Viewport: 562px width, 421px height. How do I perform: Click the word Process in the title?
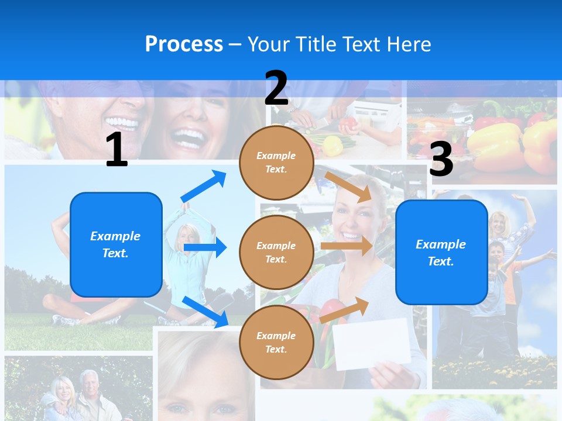(x=184, y=44)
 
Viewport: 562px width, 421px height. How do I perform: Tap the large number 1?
(x=116, y=150)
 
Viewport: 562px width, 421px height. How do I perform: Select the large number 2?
(x=276, y=88)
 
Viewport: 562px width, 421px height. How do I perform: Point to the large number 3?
(x=441, y=160)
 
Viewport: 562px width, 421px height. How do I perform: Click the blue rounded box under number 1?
(x=116, y=244)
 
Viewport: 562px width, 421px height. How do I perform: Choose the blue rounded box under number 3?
(x=441, y=253)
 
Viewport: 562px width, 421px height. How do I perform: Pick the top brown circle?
(x=276, y=163)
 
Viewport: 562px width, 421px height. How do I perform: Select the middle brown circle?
(x=276, y=252)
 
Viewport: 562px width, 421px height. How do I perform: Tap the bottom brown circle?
(x=276, y=342)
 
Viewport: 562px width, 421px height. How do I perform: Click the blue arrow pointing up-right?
(x=204, y=186)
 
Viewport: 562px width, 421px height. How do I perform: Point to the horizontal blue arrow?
(x=205, y=247)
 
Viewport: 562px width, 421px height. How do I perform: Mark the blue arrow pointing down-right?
(x=205, y=312)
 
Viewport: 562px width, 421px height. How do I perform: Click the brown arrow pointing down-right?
(x=348, y=187)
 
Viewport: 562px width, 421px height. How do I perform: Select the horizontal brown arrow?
(x=346, y=246)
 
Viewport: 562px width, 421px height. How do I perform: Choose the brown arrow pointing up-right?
(x=344, y=310)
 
